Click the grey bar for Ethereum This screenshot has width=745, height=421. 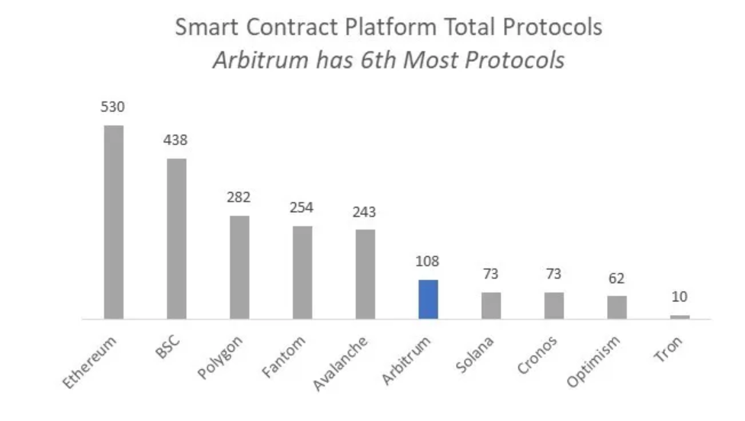114,221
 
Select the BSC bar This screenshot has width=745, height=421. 177,238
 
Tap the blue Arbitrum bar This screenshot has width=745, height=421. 429,299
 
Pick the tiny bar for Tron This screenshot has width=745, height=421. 680,317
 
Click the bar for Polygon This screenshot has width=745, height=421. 239,267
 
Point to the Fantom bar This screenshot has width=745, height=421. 303,272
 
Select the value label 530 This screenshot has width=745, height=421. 113,108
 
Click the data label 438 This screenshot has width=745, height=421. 175,140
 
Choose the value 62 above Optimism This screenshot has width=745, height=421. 617,278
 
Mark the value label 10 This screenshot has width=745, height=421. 679,297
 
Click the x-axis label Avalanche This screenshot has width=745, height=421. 341,363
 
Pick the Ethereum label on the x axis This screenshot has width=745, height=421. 90,361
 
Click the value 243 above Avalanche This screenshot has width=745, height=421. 365,212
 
